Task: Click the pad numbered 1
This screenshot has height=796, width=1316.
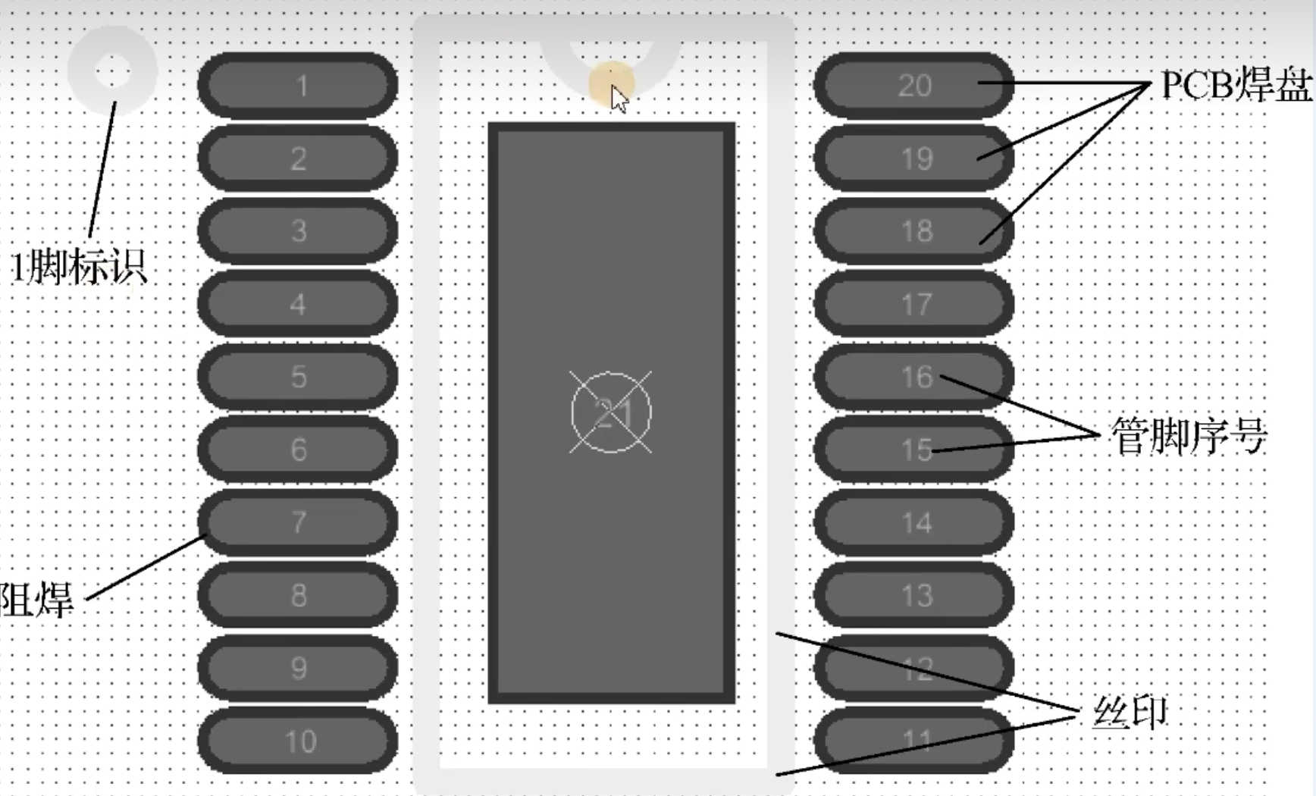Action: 298,85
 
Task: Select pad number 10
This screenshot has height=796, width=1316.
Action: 298,741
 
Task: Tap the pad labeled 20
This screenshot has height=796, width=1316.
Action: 913,85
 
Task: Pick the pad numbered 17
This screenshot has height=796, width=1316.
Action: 913,304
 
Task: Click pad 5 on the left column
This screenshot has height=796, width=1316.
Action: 298,377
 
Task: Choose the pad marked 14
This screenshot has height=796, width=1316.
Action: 913,522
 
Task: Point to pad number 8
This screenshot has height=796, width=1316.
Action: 298,595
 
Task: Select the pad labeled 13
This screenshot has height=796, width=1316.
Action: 913,595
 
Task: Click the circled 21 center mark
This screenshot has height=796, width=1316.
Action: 611,413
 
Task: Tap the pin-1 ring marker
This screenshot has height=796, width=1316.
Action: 113,71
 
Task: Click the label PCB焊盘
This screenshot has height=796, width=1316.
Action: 1236,85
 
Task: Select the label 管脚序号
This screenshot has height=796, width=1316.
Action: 1188,436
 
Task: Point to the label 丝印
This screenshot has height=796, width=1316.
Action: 1130,713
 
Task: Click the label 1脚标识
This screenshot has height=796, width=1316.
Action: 78,267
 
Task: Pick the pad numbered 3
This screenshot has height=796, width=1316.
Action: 298,230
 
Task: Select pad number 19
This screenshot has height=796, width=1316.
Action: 913,158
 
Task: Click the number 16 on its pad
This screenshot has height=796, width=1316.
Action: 916,377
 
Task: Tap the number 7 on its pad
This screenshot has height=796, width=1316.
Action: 299,522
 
